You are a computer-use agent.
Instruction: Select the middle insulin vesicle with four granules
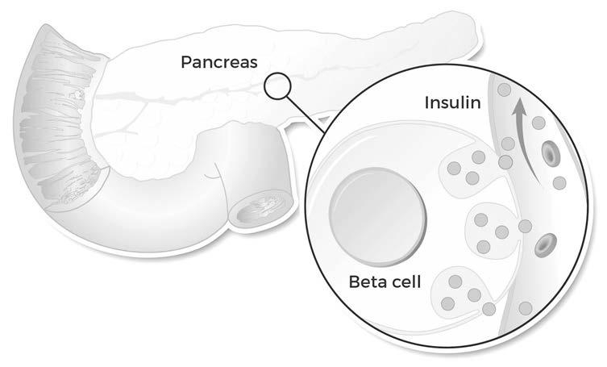tap(493, 231)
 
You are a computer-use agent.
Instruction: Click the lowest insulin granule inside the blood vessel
tap(526, 307)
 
